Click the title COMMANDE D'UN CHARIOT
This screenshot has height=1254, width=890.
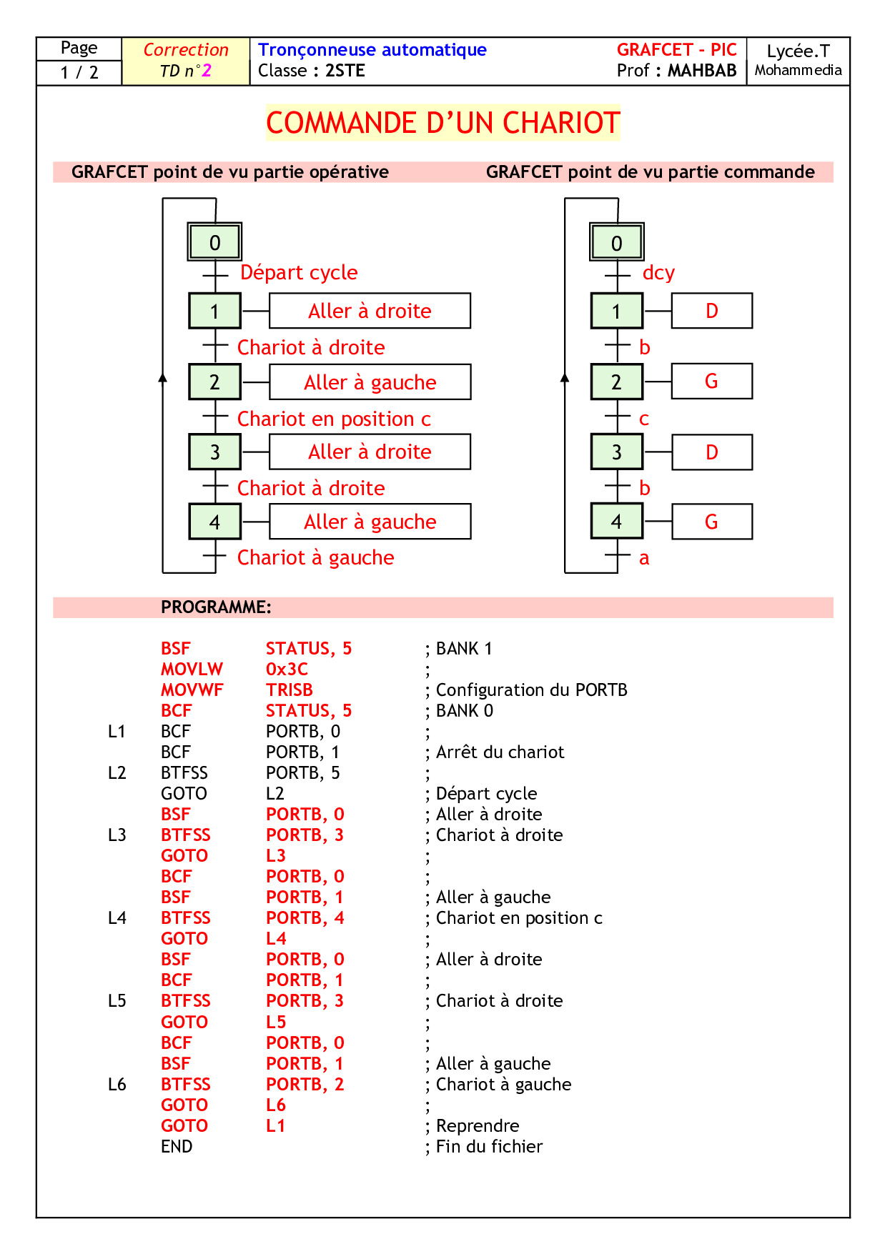tap(442, 123)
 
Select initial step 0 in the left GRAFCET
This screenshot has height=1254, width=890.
tap(214, 242)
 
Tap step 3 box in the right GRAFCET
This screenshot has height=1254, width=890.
tap(616, 452)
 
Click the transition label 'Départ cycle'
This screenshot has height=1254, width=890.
tap(299, 272)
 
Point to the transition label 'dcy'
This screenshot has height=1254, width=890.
tap(658, 273)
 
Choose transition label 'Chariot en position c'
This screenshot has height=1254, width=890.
tap(334, 419)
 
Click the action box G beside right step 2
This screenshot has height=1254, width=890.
tap(711, 382)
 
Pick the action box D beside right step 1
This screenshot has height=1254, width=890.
tap(711, 311)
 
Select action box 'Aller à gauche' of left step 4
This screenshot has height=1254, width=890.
tap(370, 522)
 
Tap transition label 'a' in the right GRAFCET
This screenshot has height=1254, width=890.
tap(644, 558)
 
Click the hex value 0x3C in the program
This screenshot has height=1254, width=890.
tap(287, 669)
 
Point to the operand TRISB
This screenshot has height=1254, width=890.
tap(289, 690)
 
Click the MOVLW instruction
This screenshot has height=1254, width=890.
tap(192, 669)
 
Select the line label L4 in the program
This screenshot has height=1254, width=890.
tap(117, 917)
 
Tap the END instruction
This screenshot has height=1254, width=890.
tap(177, 1146)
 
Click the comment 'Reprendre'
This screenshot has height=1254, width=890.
tap(478, 1125)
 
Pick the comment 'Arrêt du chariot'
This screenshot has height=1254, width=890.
tap(500, 752)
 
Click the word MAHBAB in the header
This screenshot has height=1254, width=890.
tap(701, 71)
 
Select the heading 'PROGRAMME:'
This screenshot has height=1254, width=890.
tap(216, 607)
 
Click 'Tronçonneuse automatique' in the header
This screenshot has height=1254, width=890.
tap(372, 50)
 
